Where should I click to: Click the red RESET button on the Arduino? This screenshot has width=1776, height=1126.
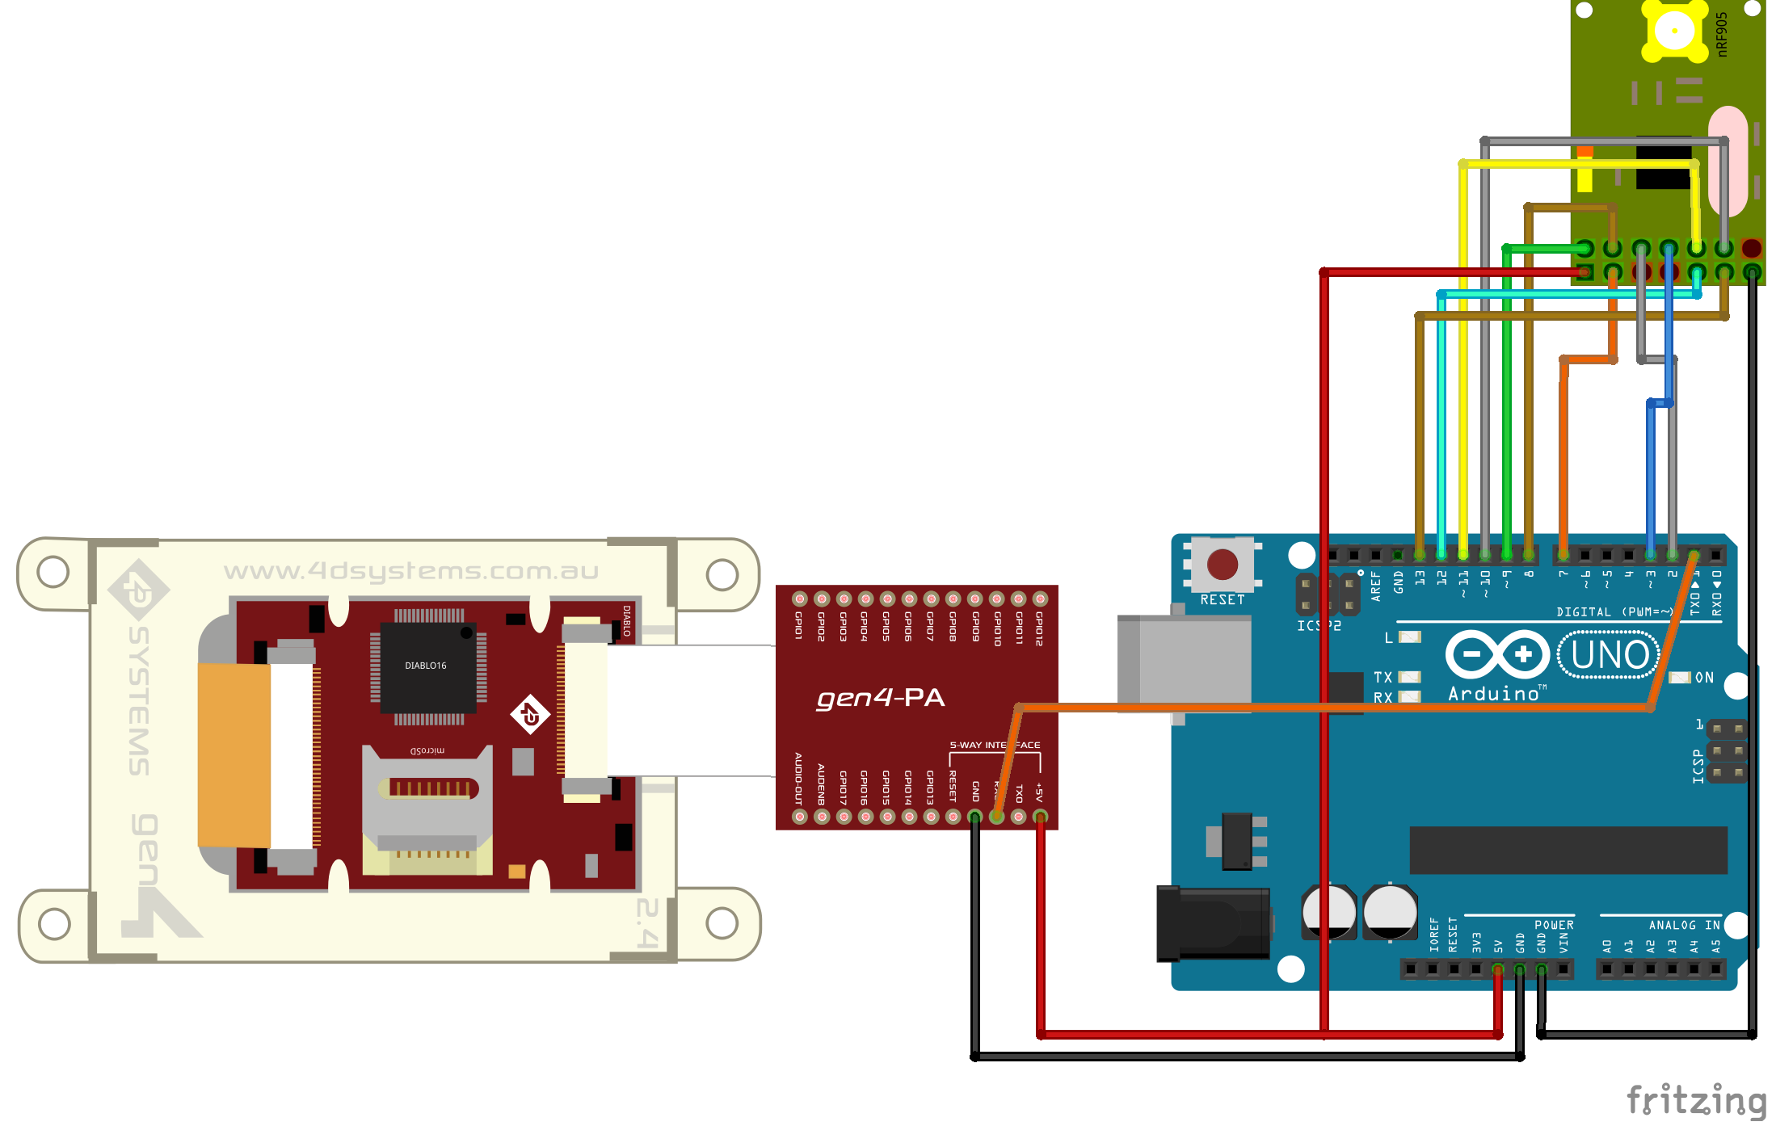(x=1222, y=564)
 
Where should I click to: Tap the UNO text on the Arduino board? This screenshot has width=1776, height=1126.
(x=1610, y=655)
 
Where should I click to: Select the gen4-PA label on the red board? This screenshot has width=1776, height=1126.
(x=880, y=698)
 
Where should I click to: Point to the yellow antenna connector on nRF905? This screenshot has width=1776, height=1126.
(x=1673, y=31)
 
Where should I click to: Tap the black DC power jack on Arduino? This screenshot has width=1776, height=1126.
(x=1211, y=923)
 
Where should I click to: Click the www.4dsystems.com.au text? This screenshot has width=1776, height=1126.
(x=411, y=571)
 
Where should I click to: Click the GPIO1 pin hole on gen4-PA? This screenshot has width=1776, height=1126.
(x=799, y=599)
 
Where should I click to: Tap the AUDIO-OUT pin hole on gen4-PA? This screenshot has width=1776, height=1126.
(x=799, y=817)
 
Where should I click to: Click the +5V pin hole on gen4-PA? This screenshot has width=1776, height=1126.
(x=1040, y=817)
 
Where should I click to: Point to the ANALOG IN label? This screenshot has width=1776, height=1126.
(x=1684, y=926)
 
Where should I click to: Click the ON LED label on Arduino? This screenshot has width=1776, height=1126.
(x=1704, y=678)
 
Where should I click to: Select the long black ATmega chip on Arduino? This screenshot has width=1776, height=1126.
(x=1568, y=851)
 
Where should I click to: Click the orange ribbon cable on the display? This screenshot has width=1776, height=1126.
(x=234, y=754)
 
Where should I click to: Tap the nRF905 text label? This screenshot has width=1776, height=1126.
(x=1722, y=34)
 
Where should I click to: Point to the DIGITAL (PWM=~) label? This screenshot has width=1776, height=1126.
(x=1614, y=612)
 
